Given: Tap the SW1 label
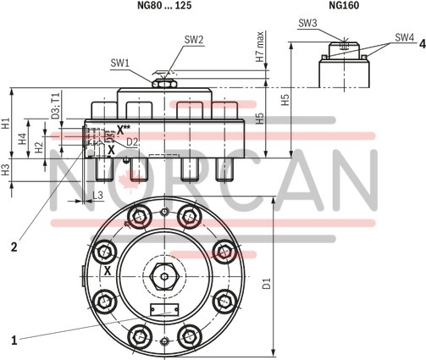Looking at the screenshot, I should pyautogui.click(x=120, y=63).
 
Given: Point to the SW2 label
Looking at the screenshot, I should pyautogui.click(x=194, y=39).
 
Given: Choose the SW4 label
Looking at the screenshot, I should pyautogui.click(x=404, y=38).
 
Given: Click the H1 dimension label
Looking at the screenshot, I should pyautogui.click(x=7, y=123).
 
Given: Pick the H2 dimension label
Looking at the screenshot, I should pyautogui.click(x=39, y=145).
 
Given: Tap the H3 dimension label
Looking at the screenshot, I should pyautogui.click(x=7, y=169).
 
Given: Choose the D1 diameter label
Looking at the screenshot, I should pyautogui.click(x=268, y=280).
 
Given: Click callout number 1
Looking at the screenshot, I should pyautogui.click(x=14, y=340).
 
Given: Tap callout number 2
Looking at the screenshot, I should pyautogui.click(x=14, y=247).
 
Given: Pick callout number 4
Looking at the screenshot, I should pyautogui.click(x=421, y=43).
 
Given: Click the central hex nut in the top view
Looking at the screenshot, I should pyautogui.click(x=163, y=276).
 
